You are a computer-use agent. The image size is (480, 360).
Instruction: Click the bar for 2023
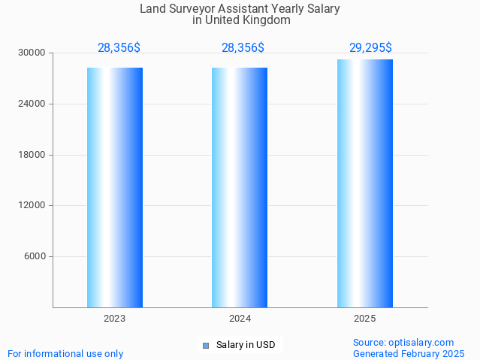click(115, 187)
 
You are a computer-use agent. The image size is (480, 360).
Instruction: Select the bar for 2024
click(240, 187)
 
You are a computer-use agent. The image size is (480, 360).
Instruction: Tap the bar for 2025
click(365, 183)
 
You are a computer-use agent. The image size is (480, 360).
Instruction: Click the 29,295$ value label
click(370, 48)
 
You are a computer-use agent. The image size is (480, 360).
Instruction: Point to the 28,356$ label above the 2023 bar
click(119, 48)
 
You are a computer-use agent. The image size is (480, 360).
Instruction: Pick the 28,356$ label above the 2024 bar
click(243, 48)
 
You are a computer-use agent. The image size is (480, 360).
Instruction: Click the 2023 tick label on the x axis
click(115, 319)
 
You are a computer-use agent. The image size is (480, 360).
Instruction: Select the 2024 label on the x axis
click(240, 319)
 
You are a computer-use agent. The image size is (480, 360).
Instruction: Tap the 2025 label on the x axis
click(365, 319)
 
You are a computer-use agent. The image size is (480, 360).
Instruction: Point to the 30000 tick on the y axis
click(33, 53)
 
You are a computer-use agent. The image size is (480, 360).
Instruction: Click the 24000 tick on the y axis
click(33, 104)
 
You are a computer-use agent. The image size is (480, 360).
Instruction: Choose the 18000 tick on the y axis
click(33, 155)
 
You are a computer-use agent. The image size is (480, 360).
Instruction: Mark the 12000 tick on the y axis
click(33, 205)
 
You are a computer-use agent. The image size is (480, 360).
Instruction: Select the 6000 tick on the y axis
click(35, 256)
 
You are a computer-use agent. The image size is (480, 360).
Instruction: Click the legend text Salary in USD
click(246, 345)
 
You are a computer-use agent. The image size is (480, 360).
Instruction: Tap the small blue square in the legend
click(206, 346)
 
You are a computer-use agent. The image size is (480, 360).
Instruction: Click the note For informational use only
click(65, 353)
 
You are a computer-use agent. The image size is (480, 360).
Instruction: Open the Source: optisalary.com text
click(403, 342)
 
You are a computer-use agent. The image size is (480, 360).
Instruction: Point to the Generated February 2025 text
click(409, 353)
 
